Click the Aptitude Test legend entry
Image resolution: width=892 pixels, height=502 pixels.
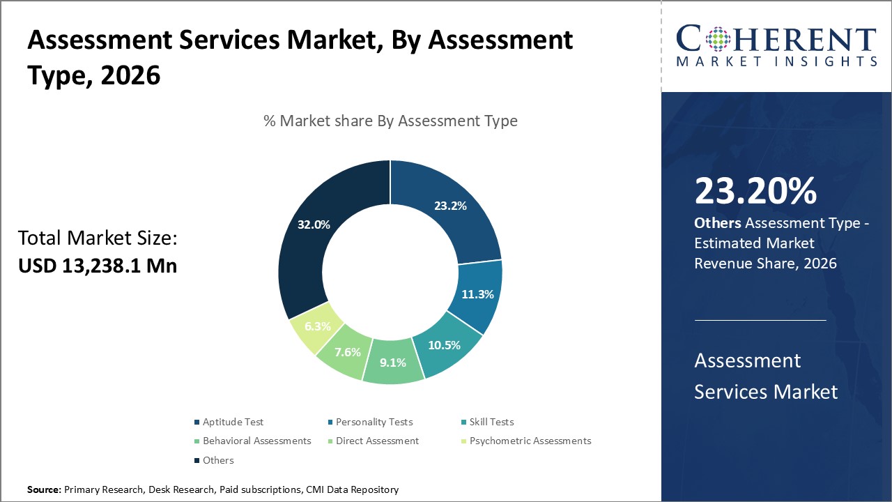point(233,422)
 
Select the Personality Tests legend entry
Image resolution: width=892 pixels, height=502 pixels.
point(374,422)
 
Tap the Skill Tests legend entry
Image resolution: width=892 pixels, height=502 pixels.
point(491,422)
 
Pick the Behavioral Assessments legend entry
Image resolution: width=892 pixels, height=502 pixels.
point(256,441)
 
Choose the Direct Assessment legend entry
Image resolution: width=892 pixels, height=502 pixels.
point(377,441)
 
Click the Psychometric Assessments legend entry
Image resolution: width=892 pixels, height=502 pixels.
point(530,441)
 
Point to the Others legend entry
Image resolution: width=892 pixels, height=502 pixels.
point(218,460)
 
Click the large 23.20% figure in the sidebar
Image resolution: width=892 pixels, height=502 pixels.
point(755,191)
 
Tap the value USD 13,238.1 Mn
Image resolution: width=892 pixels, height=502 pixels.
point(98,266)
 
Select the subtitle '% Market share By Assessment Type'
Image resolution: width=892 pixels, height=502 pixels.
point(390,121)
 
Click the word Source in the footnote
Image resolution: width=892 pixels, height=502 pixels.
point(44,490)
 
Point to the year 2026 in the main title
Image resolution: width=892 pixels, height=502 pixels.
point(130,75)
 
